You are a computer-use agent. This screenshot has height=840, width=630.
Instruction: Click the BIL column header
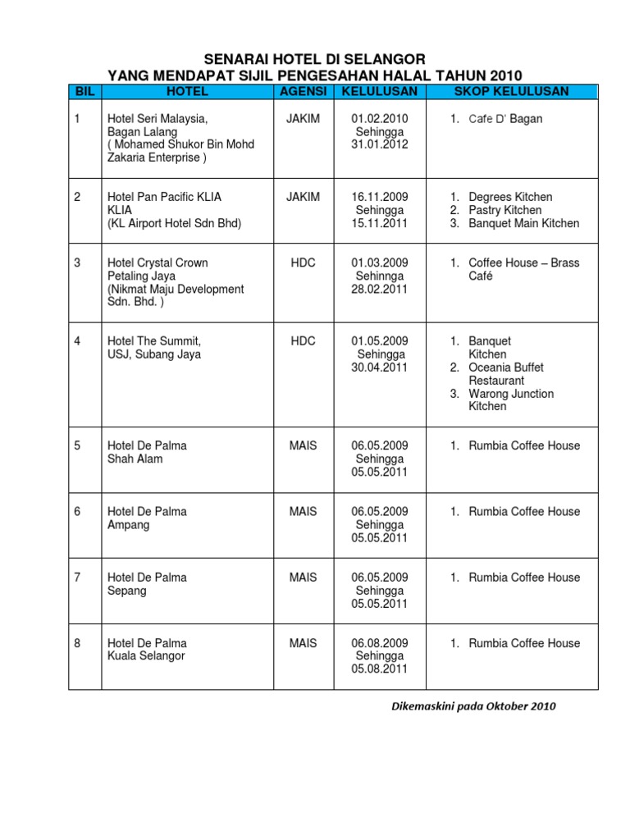pyautogui.click(x=84, y=92)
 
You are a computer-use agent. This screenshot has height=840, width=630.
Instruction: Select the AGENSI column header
pyautogui.click(x=303, y=92)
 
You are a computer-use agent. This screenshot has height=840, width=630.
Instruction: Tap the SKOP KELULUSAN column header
pyautogui.click(x=511, y=92)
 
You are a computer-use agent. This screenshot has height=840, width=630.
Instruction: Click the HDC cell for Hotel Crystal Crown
pyautogui.click(x=303, y=262)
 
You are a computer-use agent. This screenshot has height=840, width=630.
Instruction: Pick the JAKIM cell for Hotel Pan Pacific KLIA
pyautogui.click(x=303, y=197)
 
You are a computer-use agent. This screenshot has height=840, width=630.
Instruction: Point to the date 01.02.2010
pyautogui.click(x=379, y=118)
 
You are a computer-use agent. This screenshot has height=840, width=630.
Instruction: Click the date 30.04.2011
pyautogui.click(x=379, y=367)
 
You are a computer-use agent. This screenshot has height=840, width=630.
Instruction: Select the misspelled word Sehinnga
pyautogui.click(x=379, y=276)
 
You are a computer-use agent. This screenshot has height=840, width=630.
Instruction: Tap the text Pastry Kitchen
pyautogui.click(x=504, y=210)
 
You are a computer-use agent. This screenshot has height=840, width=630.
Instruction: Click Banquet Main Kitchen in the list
pyautogui.click(x=523, y=223)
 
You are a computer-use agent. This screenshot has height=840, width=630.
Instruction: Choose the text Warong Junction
pyautogui.click(x=511, y=394)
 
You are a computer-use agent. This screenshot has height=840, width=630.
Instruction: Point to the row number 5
pyautogui.click(x=78, y=445)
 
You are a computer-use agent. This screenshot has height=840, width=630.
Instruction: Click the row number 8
pyautogui.click(x=78, y=642)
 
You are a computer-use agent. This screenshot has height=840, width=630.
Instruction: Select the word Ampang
pyautogui.click(x=129, y=524)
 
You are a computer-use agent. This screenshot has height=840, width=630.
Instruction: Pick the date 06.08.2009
pyautogui.click(x=379, y=642)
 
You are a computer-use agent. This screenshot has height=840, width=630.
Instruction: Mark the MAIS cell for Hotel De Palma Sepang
pyautogui.click(x=303, y=577)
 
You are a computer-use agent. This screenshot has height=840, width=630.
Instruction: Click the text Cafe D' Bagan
pyautogui.click(x=505, y=119)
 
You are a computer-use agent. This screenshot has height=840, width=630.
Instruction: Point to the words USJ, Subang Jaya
pyautogui.click(x=154, y=354)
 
